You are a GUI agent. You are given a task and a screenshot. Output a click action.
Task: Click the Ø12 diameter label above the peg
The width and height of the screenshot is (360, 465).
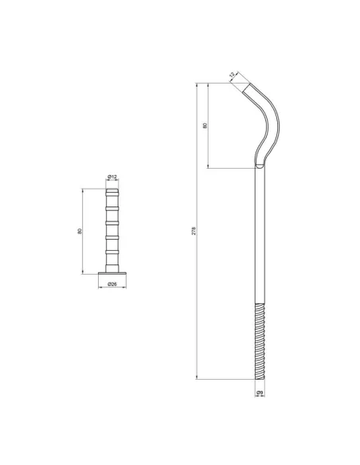[x=112, y=177]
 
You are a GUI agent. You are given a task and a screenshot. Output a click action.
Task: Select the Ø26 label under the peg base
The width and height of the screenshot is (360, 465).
[x=112, y=284]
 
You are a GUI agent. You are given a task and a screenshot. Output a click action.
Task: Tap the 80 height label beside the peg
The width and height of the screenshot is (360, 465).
[x=79, y=231]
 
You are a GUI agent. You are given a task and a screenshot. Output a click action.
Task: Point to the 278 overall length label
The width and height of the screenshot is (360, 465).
[x=194, y=231]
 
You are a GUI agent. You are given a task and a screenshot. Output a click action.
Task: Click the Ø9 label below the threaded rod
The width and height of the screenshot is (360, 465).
[x=260, y=393]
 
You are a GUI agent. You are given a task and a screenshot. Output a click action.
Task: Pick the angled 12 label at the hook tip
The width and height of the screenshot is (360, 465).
[x=233, y=74]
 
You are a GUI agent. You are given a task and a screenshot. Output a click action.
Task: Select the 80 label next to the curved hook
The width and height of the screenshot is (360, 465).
[x=205, y=126]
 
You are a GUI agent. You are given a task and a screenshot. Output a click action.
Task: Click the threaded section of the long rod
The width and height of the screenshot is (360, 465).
[x=260, y=341]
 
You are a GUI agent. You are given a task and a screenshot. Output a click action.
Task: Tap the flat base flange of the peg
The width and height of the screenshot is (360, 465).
[x=112, y=273]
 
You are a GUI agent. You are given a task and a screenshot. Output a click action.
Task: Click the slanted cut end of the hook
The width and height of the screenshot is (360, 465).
[x=246, y=88]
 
